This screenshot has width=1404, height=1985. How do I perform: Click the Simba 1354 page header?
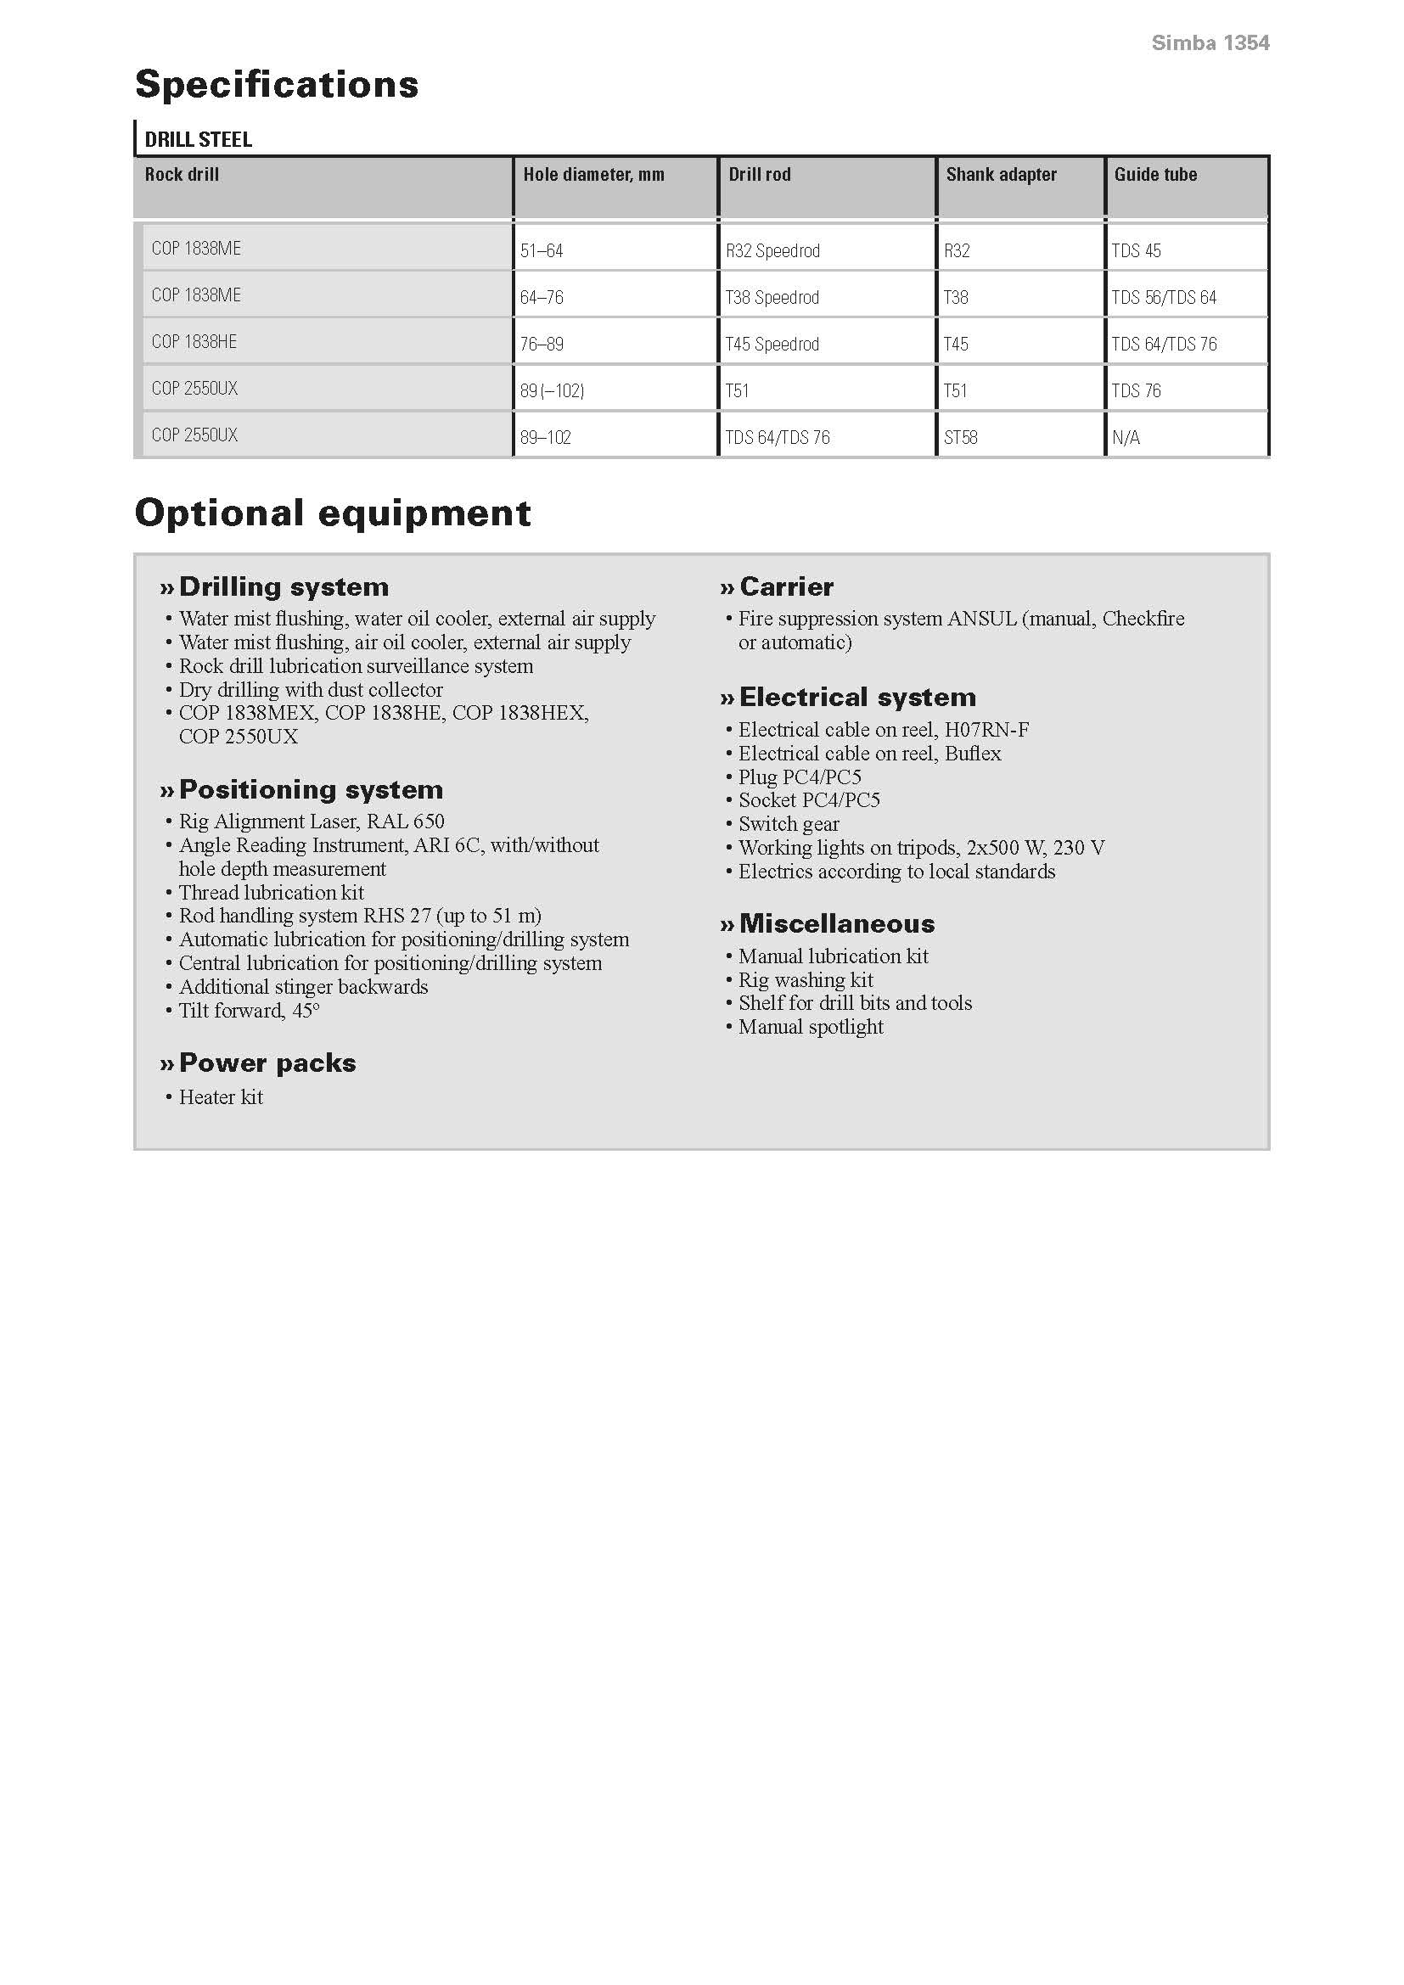coord(1210,43)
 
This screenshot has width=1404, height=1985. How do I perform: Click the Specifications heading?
coord(277,85)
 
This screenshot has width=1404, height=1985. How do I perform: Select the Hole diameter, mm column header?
coord(593,175)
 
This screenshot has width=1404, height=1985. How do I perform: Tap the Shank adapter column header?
coord(1000,175)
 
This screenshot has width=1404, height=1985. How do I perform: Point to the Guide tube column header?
coord(1155,175)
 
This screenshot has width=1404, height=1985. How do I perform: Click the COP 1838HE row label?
coord(194,342)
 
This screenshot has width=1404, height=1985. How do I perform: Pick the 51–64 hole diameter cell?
coord(542,251)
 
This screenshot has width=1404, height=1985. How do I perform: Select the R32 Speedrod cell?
coord(772,251)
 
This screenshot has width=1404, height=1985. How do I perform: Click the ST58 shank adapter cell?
coord(961,437)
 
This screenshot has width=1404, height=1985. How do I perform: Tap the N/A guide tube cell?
coord(1126,437)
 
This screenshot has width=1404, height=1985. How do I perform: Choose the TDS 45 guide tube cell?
coord(1136,251)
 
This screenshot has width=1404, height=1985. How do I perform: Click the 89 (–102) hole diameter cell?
coord(552,390)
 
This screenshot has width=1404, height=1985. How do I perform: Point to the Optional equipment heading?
coord(333,513)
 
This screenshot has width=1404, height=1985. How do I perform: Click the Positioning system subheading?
coord(311,789)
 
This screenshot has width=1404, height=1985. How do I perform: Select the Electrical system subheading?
coord(856,697)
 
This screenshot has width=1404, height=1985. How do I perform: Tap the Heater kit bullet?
coord(221,1097)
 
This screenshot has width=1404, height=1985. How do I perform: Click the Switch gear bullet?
coord(789,824)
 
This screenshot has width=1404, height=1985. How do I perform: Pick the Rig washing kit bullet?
coord(805,979)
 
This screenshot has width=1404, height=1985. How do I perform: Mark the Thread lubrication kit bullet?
coord(271,892)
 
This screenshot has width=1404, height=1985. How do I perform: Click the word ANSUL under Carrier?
coord(981,619)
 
